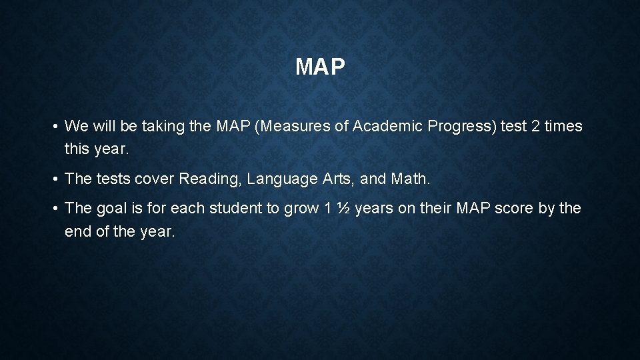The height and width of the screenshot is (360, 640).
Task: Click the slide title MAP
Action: [320, 67]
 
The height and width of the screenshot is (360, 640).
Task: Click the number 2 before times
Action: [535, 126]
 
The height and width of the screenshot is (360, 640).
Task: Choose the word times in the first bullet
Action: [564, 126]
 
